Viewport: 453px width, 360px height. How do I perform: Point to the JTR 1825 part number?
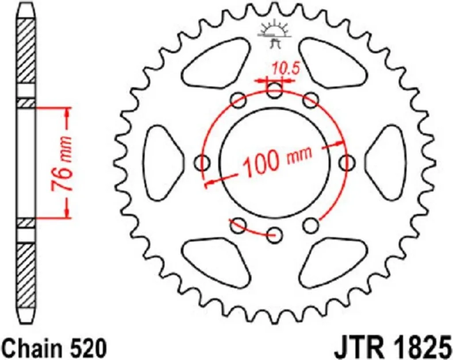coord(392,349)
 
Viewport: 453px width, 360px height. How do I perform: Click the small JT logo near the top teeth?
coord(273,34)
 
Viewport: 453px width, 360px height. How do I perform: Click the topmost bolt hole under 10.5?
coord(274,90)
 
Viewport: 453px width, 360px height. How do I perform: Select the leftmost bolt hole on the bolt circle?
coord(203,163)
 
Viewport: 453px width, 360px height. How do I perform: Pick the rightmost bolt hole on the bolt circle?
coord(346,163)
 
